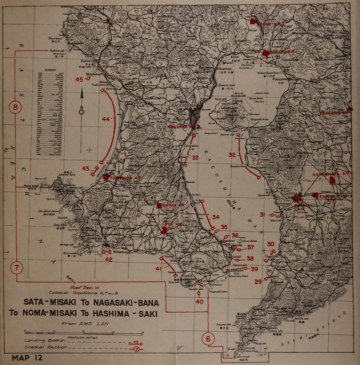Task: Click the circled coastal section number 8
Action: point(15,107)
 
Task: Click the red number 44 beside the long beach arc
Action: point(105,119)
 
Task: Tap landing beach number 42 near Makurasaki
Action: point(109,259)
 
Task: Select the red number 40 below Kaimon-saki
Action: point(199,302)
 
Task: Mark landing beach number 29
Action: point(258,282)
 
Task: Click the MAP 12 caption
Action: point(27,358)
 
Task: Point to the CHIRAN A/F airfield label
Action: point(173,205)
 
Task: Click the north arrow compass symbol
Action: point(82,104)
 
